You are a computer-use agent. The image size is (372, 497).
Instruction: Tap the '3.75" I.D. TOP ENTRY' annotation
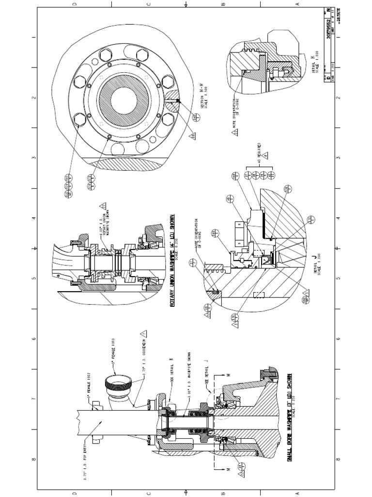pyautogui.click(x=86, y=459)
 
